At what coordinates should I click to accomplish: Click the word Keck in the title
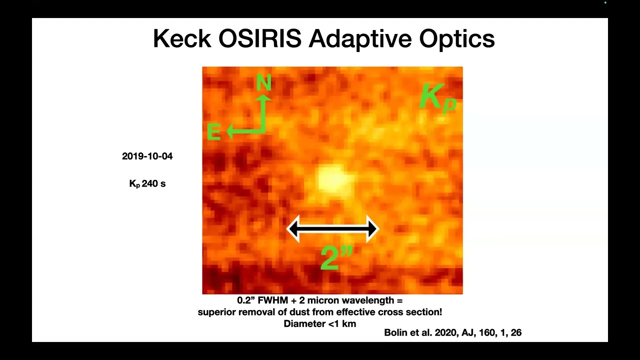click(181, 39)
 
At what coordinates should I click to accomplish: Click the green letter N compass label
click(263, 83)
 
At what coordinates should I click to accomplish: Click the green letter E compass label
click(213, 132)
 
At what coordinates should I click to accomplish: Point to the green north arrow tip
click(264, 97)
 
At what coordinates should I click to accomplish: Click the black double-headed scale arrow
click(332, 229)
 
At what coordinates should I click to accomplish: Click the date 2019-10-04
click(147, 156)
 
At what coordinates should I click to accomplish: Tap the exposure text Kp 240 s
click(147, 184)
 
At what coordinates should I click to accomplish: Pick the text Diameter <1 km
click(319, 323)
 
